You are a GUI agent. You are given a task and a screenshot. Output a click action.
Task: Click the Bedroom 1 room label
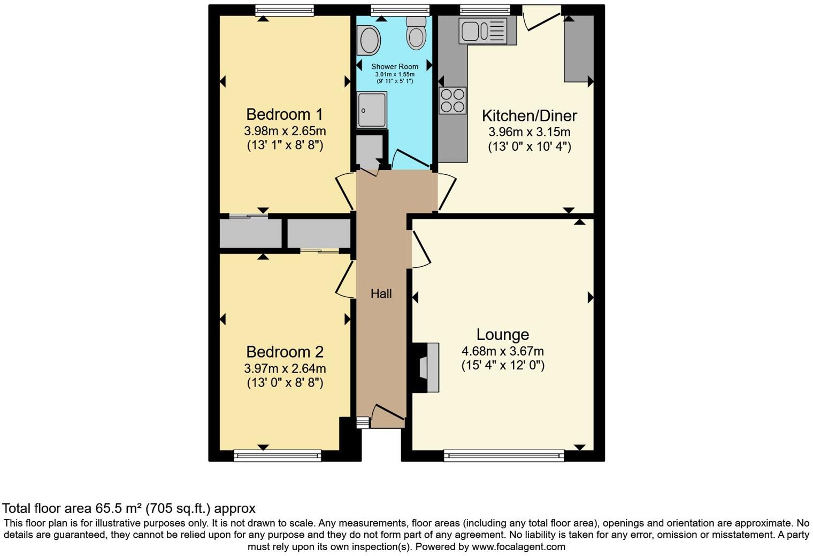(x=285, y=114)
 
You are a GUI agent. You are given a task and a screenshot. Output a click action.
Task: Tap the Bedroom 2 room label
(x=285, y=352)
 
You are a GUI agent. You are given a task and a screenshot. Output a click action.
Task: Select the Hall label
(x=381, y=294)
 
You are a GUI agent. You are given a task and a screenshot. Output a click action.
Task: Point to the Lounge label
(x=503, y=335)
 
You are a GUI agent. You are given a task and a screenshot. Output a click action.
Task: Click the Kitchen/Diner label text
(x=529, y=116)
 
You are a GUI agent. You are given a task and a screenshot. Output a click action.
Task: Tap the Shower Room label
(x=395, y=67)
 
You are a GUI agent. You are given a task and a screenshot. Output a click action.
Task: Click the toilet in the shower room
(x=416, y=33)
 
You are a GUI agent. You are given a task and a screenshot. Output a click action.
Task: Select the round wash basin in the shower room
(x=369, y=40)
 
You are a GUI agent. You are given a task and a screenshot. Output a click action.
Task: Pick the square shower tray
(x=372, y=110)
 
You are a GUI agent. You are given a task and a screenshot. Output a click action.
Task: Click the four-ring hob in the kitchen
(x=452, y=101)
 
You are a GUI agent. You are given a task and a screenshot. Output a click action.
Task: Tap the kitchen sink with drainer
(x=487, y=30)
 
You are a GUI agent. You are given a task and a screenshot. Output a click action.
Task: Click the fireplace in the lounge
(x=426, y=367)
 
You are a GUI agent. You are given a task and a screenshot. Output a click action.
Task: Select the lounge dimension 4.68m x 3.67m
(x=503, y=351)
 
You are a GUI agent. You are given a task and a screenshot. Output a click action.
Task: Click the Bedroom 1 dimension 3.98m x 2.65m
(x=285, y=130)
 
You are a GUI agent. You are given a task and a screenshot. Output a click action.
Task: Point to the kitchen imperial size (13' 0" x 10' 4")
(x=530, y=147)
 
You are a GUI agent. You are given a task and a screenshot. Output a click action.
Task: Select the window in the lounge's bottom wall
(x=504, y=455)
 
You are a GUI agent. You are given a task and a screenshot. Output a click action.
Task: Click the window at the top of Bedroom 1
(x=285, y=10)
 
